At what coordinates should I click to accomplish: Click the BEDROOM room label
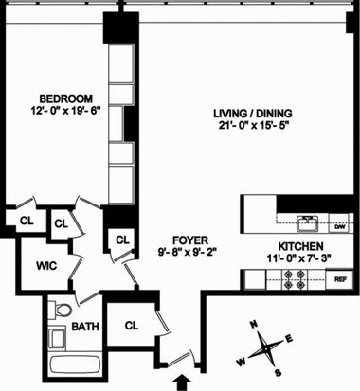pos(66,98)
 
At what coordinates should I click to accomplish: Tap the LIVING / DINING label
pos(253,114)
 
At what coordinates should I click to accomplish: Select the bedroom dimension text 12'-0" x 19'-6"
pos(66,111)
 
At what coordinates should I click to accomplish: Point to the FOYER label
pos(190,240)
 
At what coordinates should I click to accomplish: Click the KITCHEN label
pos(300,246)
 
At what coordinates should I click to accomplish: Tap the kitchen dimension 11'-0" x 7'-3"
pos(298,258)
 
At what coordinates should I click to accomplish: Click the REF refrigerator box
pos(339,279)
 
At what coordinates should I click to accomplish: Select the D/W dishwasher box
pos(340,226)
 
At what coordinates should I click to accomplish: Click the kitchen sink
pos(307,223)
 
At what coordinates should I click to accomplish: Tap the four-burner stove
pos(295,279)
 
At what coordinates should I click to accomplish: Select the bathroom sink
pos(57,338)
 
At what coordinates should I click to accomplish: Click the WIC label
pos(46,266)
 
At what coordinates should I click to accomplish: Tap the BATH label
pos(85,327)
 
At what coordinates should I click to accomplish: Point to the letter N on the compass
pos(253,324)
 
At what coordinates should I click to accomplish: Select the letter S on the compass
pos(278,372)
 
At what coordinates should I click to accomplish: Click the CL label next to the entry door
pos(132,326)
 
